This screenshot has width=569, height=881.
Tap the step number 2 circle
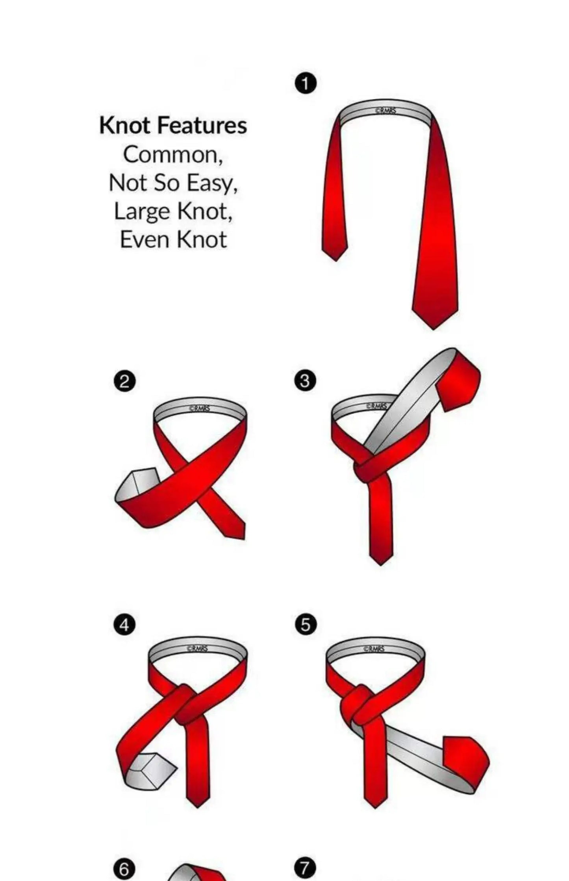124,382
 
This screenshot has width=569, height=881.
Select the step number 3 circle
305,382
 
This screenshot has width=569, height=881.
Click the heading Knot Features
173,126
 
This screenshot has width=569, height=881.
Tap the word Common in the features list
173,155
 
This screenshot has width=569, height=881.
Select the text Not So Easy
173,183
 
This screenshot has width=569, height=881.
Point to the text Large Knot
173,211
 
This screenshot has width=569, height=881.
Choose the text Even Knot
173,239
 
